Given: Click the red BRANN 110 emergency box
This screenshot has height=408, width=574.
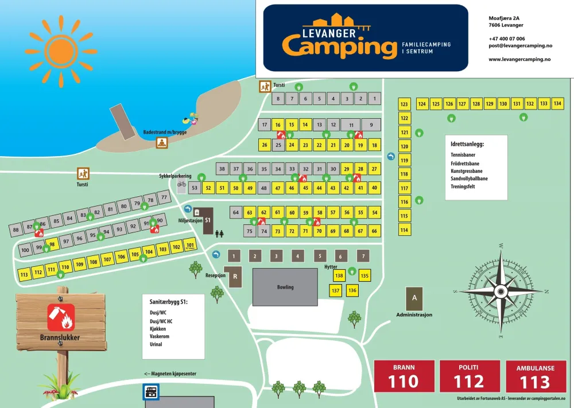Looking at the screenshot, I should (x=404, y=376).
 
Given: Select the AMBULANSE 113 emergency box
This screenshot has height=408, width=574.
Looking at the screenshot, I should (x=536, y=376).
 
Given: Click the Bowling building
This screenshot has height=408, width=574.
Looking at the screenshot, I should (x=285, y=287).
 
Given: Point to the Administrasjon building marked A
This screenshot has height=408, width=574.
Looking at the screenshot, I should (x=414, y=299).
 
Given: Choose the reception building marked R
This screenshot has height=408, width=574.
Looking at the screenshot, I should (x=235, y=277).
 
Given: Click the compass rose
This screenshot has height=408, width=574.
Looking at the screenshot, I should (x=499, y=291).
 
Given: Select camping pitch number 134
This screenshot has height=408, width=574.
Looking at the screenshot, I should (x=557, y=104).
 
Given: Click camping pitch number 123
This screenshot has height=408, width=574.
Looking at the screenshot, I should (x=405, y=104).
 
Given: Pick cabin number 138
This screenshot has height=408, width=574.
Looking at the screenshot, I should (x=339, y=276).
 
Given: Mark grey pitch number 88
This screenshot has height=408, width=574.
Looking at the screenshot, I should (x=15, y=230).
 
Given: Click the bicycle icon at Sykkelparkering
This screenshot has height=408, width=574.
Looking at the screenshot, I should (x=181, y=184).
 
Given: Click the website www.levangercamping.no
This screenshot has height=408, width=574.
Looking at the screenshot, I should (x=519, y=59).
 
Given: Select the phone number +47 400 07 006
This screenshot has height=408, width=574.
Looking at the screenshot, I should (x=506, y=38).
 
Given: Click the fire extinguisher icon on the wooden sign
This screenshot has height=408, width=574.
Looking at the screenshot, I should (x=61, y=317).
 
